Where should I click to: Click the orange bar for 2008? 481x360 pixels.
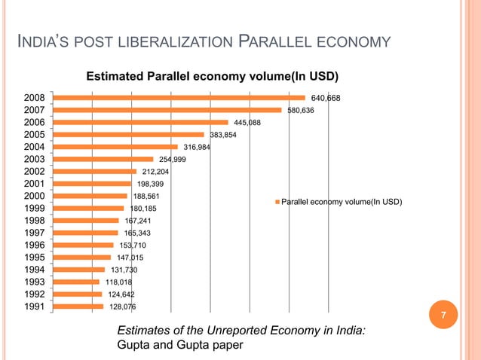point(179,97)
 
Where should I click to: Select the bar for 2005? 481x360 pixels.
point(128,135)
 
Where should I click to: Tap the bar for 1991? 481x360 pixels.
point(78,307)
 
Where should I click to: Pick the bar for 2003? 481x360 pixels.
point(103,159)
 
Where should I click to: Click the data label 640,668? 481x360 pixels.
point(326,98)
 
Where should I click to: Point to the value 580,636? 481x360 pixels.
point(301,110)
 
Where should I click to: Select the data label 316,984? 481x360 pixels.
point(197,147)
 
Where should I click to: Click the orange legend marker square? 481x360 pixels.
point(277,203)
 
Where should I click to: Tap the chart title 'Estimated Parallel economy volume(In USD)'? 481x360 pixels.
point(212,76)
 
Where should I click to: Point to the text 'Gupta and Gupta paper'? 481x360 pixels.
point(181,344)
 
